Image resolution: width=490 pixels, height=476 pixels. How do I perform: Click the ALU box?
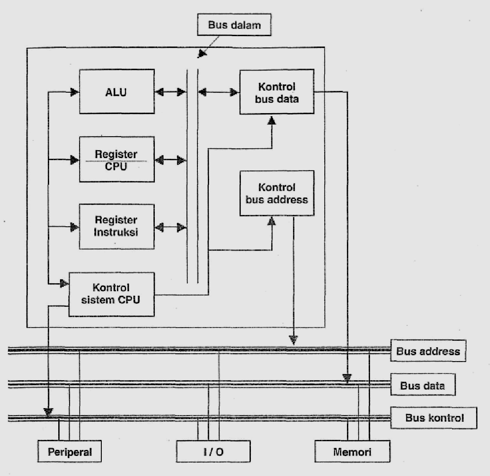[x=117, y=92]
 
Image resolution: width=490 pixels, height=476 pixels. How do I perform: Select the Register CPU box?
[x=117, y=160]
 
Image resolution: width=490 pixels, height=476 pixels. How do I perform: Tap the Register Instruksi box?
[x=117, y=226]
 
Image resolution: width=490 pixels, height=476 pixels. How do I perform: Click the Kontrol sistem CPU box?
[x=111, y=294]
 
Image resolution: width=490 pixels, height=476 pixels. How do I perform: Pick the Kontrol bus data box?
[x=277, y=92]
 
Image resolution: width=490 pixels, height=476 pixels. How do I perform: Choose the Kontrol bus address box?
[x=277, y=193]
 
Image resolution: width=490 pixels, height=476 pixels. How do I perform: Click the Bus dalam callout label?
[x=234, y=25]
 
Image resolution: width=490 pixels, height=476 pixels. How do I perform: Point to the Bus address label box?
[x=428, y=351]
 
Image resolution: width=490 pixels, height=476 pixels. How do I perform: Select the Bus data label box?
[x=422, y=385]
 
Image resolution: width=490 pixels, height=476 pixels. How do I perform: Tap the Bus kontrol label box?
[x=434, y=418]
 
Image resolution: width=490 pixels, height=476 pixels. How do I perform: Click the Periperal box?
[x=70, y=451]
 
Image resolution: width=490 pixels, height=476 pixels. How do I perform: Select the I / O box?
[x=213, y=451]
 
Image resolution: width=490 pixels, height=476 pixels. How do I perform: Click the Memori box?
[x=352, y=451]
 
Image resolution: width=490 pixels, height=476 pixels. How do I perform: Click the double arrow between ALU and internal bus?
[x=170, y=92]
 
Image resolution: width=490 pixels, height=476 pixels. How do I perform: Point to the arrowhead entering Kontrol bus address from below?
[x=272, y=221]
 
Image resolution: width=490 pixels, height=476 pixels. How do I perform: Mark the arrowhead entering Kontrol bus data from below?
[x=272, y=120]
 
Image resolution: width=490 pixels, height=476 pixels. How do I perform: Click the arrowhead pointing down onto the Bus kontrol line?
[x=48, y=411]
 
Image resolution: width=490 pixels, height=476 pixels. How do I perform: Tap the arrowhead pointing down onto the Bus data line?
[x=347, y=378]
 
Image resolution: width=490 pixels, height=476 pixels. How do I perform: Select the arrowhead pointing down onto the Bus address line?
[x=294, y=339]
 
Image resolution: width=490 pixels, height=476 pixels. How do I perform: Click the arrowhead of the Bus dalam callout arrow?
[x=201, y=54]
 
